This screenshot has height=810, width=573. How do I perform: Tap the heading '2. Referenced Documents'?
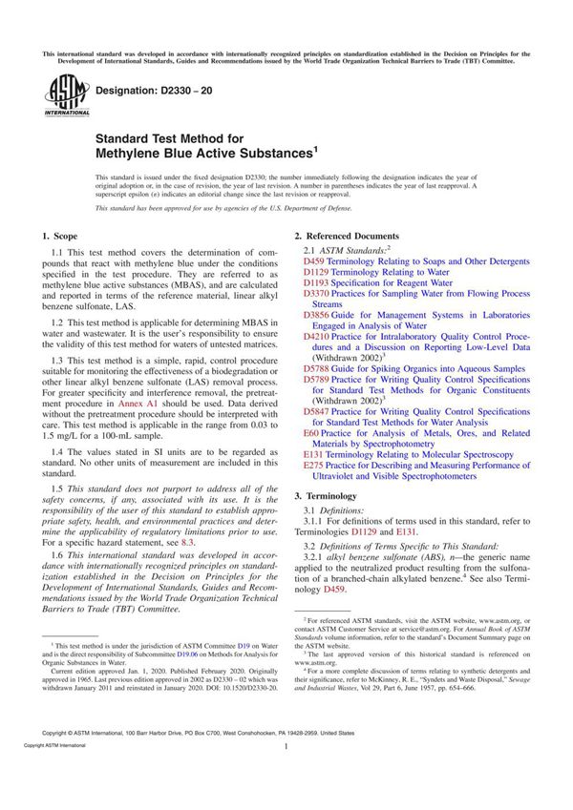pyautogui.click(x=347, y=235)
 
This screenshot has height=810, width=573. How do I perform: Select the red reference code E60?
pyautogui.click(x=311, y=433)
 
